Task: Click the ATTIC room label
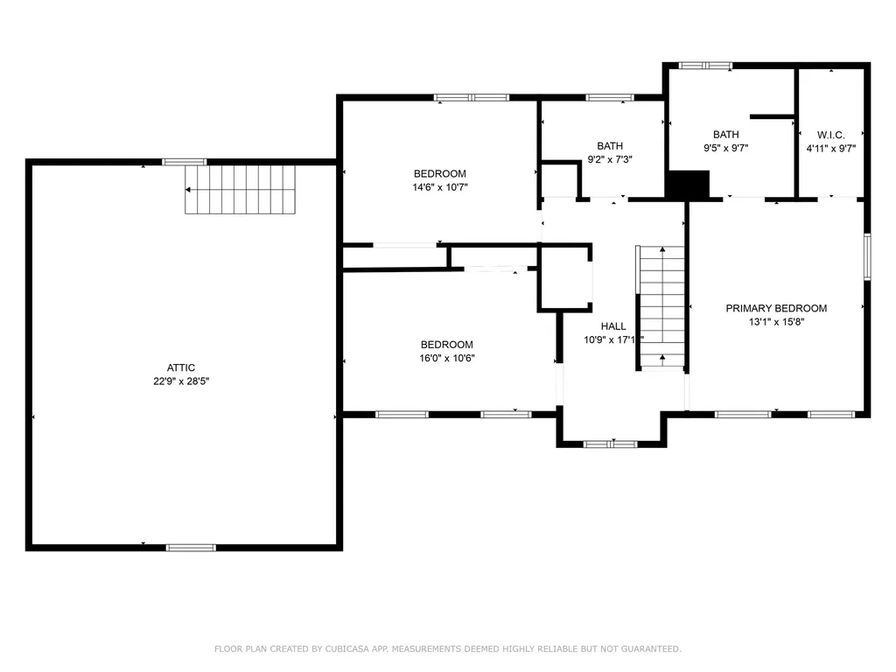(x=180, y=367)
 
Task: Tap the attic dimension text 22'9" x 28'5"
(x=181, y=381)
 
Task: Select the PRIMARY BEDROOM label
(x=776, y=309)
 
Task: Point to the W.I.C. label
(x=831, y=135)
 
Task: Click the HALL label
(x=613, y=326)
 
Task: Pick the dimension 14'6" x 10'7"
(x=440, y=187)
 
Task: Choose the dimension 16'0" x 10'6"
(x=447, y=358)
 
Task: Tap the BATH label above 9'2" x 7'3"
(x=610, y=146)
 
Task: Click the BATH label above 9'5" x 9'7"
(x=725, y=134)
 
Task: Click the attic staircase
(x=240, y=190)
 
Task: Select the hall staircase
(x=661, y=308)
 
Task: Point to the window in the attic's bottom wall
(x=191, y=548)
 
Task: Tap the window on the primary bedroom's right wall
(x=867, y=256)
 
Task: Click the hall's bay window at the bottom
(x=610, y=444)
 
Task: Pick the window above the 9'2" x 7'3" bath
(x=610, y=98)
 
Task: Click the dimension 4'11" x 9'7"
(x=831, y=149)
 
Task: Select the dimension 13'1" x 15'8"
(x=777, y=322)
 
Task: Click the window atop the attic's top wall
(x=185, y=162)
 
